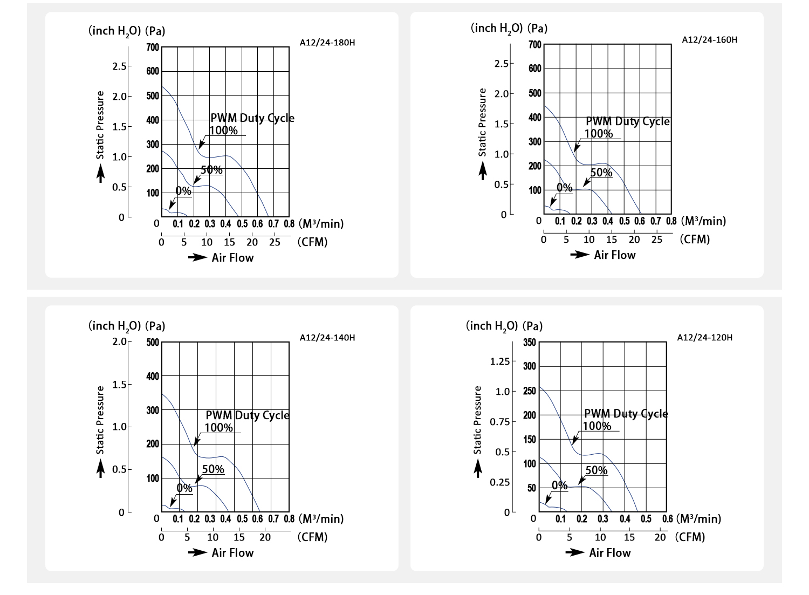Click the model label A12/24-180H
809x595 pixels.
(x=327, y=43)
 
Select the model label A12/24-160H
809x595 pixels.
(x=709, y=39)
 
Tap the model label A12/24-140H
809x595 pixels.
(x=327, y=338)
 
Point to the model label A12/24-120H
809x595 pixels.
(x=704, y=338)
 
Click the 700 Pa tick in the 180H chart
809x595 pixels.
(x=153, y=47)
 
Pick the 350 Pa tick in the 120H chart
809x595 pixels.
(x=530, y=343)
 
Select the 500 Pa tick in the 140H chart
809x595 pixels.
(x=153, y=343)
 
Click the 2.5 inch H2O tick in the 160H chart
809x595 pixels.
(x=501, y=64)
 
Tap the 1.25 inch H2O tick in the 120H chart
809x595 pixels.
(x=499, y=361)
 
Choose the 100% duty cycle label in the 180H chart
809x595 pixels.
(x=223, y=130)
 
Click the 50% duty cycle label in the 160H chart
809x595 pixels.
(x=601, y=173)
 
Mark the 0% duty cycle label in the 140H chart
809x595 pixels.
(x=184, y=488)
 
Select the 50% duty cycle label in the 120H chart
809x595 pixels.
(x=597, y=470)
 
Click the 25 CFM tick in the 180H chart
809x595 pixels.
(x=275, y=242)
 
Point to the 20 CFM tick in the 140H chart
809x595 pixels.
(x=265, y=537)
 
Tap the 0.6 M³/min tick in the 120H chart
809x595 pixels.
(x=667, y=519)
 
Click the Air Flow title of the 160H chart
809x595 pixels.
(x=614, y=255)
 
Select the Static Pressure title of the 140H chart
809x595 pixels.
(x=100, y=420)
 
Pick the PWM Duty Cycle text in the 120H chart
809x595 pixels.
(x=626, y=414)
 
